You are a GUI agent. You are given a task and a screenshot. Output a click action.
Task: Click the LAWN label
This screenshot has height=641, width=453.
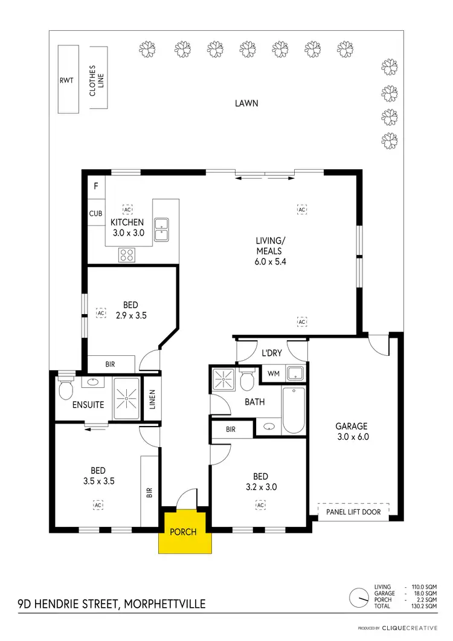click(x=246, y=103)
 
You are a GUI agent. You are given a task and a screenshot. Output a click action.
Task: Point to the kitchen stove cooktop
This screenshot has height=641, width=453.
click(x=127, y=255)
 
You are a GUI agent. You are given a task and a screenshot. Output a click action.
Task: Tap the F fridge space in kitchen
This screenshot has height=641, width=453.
click(x=95, y=186)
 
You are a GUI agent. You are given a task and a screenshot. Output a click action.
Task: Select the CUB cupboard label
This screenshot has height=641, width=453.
click(x=95, y=214)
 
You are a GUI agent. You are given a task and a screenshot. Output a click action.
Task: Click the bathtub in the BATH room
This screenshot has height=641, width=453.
click(x=294, y=410)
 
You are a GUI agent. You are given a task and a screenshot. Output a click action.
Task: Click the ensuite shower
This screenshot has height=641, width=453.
click(x=127, y=398)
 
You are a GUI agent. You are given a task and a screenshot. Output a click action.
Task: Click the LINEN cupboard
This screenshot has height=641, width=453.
click(x=152, y=399)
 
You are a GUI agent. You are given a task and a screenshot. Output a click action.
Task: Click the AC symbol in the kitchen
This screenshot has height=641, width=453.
click(x=127, y=210)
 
